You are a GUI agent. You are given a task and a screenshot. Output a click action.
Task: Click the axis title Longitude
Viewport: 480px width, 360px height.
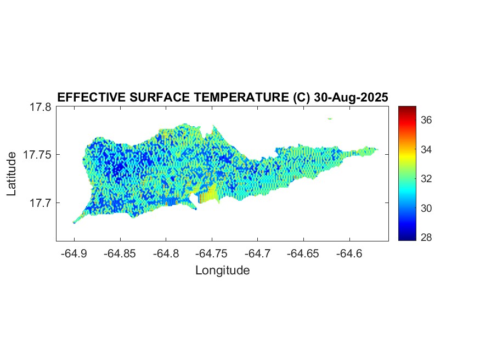(222, 270)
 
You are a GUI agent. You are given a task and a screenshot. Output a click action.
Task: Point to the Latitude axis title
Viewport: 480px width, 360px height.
(12, 175)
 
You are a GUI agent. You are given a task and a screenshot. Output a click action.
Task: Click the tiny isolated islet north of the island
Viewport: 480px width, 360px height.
(330, 118)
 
